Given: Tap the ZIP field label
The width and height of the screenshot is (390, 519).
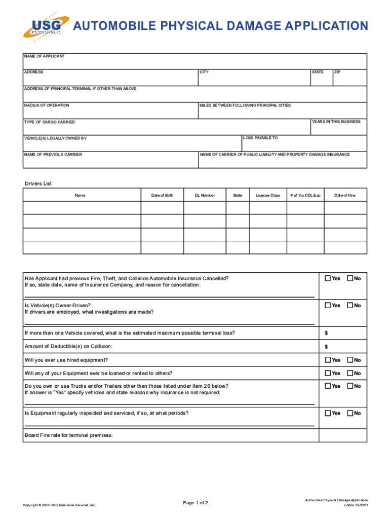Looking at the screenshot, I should click(x=337, y=72).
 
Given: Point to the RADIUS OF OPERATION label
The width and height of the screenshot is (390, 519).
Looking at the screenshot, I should click(x=47, y=105).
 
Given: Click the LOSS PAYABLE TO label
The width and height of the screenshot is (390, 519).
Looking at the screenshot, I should click(x=260, y=138).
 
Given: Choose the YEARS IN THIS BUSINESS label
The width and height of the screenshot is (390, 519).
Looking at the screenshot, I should click(x=336, y=122).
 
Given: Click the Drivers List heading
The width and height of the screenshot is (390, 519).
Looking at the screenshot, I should click(x=38, y=183).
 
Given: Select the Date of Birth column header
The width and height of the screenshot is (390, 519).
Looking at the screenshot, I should click(x=162, y=195).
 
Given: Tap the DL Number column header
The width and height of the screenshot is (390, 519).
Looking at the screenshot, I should click(x=205, y=195).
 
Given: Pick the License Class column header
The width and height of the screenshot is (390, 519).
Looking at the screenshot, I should click(x=268, y=195).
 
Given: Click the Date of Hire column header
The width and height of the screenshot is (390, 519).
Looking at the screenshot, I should click(x=344, y=195).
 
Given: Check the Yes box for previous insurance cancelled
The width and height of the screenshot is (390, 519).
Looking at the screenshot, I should click(x=328, y=278).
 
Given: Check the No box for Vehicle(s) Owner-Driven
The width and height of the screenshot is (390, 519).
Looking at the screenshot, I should click(x=349, y=305).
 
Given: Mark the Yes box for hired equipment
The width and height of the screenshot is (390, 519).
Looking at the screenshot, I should click(x=328, y=360).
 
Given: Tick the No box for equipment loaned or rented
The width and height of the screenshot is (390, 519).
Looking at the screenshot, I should click(x=349, y=373).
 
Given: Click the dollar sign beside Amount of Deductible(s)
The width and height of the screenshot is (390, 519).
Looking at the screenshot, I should click(x=326, y=347).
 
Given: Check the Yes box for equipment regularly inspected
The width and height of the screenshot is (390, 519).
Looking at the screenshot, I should click(x=328, y=413).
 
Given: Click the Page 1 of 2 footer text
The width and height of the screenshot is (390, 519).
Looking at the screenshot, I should click(x=196, y=503).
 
